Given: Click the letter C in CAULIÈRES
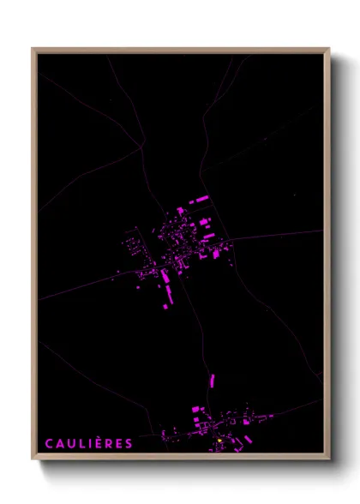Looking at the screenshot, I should (x=50, y=443).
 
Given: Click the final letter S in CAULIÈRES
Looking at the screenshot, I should (x=129, y=443).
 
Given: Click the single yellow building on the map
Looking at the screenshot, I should (x=219, y=441).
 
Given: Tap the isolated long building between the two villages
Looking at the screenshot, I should (x=213, y=381).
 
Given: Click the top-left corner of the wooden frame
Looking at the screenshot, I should (x=33, y=49).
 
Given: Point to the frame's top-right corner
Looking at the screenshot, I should (x=328, y=49).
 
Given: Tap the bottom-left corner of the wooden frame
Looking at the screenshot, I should (x=33, y=459).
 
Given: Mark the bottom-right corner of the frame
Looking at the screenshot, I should (x=328, y=459).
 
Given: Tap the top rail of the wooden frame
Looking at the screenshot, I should (x=180, y=51).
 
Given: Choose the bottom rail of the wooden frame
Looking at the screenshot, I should (x=180, y=457).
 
